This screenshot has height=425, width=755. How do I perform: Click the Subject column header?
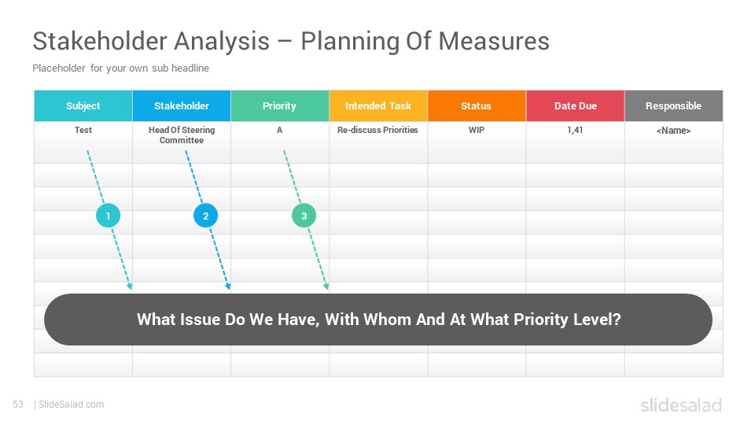(83, 105)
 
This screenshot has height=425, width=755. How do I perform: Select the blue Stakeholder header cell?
(182, 105)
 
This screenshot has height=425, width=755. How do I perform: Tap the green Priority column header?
(280, 105)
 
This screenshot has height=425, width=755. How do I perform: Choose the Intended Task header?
(378, 105)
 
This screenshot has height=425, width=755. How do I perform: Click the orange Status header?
(477, 105)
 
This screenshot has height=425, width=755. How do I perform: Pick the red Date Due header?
(576, 105)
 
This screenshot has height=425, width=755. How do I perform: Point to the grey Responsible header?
(674, 105)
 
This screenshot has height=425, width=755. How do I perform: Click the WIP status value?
(477, 130)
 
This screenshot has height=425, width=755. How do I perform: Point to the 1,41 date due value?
(575, 130)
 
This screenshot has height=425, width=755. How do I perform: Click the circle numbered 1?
(108, 216)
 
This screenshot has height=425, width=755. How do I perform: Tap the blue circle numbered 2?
(205, 216)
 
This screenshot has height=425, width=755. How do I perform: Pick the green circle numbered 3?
(304, 216)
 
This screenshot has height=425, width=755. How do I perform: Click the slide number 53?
(18, 405)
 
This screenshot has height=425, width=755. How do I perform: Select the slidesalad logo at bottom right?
(681, 405)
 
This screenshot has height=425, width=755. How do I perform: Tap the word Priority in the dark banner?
(541, 320)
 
